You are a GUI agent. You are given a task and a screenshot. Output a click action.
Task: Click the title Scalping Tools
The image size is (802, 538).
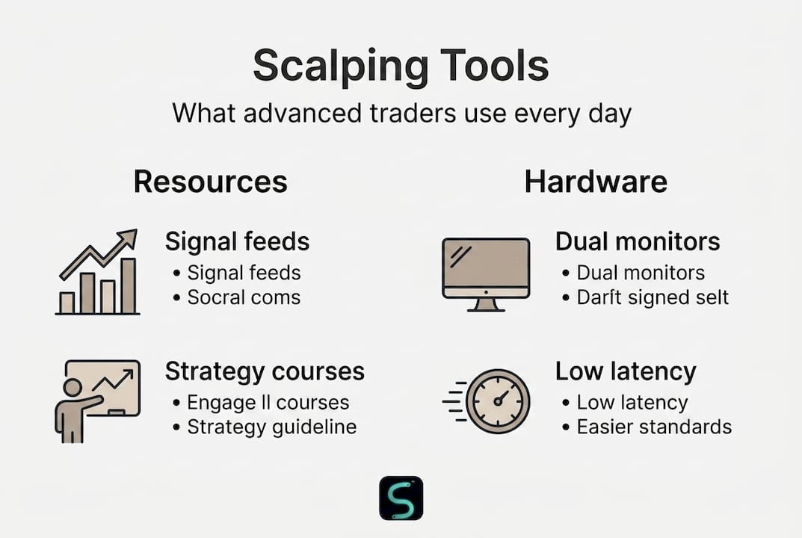[401, 67]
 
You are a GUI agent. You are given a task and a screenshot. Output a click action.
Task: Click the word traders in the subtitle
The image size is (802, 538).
[413, 113]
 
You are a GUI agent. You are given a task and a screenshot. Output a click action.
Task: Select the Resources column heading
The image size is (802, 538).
[210, 182]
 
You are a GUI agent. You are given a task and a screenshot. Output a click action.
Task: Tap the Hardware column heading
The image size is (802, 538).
[596, 182]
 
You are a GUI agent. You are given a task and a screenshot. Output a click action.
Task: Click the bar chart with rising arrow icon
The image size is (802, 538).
[97, 271]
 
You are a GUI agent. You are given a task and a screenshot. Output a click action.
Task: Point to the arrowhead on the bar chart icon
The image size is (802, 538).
[128, 238]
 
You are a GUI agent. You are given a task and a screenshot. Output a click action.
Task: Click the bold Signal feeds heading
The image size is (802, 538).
[238, 241]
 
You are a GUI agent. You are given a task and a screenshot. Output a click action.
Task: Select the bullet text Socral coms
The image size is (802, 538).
[244, 297]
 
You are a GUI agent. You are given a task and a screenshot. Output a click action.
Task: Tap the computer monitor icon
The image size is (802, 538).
[486, 275]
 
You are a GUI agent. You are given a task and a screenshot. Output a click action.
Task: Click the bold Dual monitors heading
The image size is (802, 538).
[638, 241]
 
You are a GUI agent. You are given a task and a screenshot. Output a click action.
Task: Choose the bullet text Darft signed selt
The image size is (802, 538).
[653, 297]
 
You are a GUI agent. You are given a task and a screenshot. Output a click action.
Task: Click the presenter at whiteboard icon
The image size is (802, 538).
[97, 401]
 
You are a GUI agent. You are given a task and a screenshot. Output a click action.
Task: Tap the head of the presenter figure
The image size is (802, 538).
[72, 387]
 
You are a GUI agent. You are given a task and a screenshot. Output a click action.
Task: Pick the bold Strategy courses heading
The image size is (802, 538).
[265, 371]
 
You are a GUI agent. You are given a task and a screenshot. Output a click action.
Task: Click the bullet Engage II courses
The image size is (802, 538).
[268, 403]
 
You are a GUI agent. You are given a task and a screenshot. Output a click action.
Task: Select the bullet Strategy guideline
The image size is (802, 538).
[271, 427]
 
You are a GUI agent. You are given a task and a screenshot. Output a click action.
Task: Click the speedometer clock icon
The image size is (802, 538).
[487, 401]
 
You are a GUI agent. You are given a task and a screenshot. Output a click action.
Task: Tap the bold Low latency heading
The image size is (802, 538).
[626, 371]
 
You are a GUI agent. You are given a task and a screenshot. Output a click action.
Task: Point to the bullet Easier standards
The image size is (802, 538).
[654, 427]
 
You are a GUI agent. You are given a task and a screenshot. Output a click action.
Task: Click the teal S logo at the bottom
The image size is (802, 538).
[401, 498]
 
